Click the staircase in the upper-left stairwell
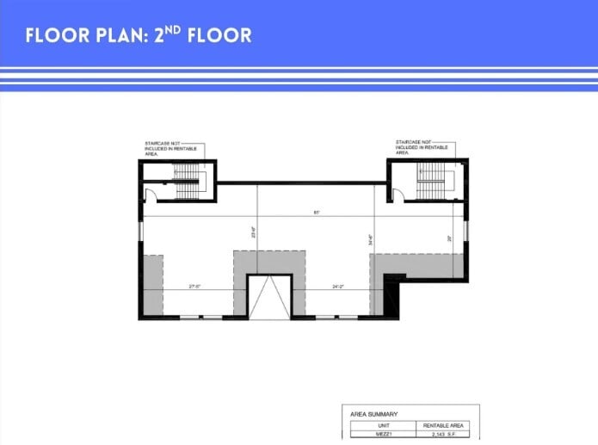pos(187,181)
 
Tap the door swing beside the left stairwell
pos(149,196)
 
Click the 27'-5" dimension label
pos(195,286)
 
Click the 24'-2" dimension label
pos(338,286)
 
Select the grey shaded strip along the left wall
pos(153,284)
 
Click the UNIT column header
pos(378,425)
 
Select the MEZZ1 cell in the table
pos(378,436)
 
